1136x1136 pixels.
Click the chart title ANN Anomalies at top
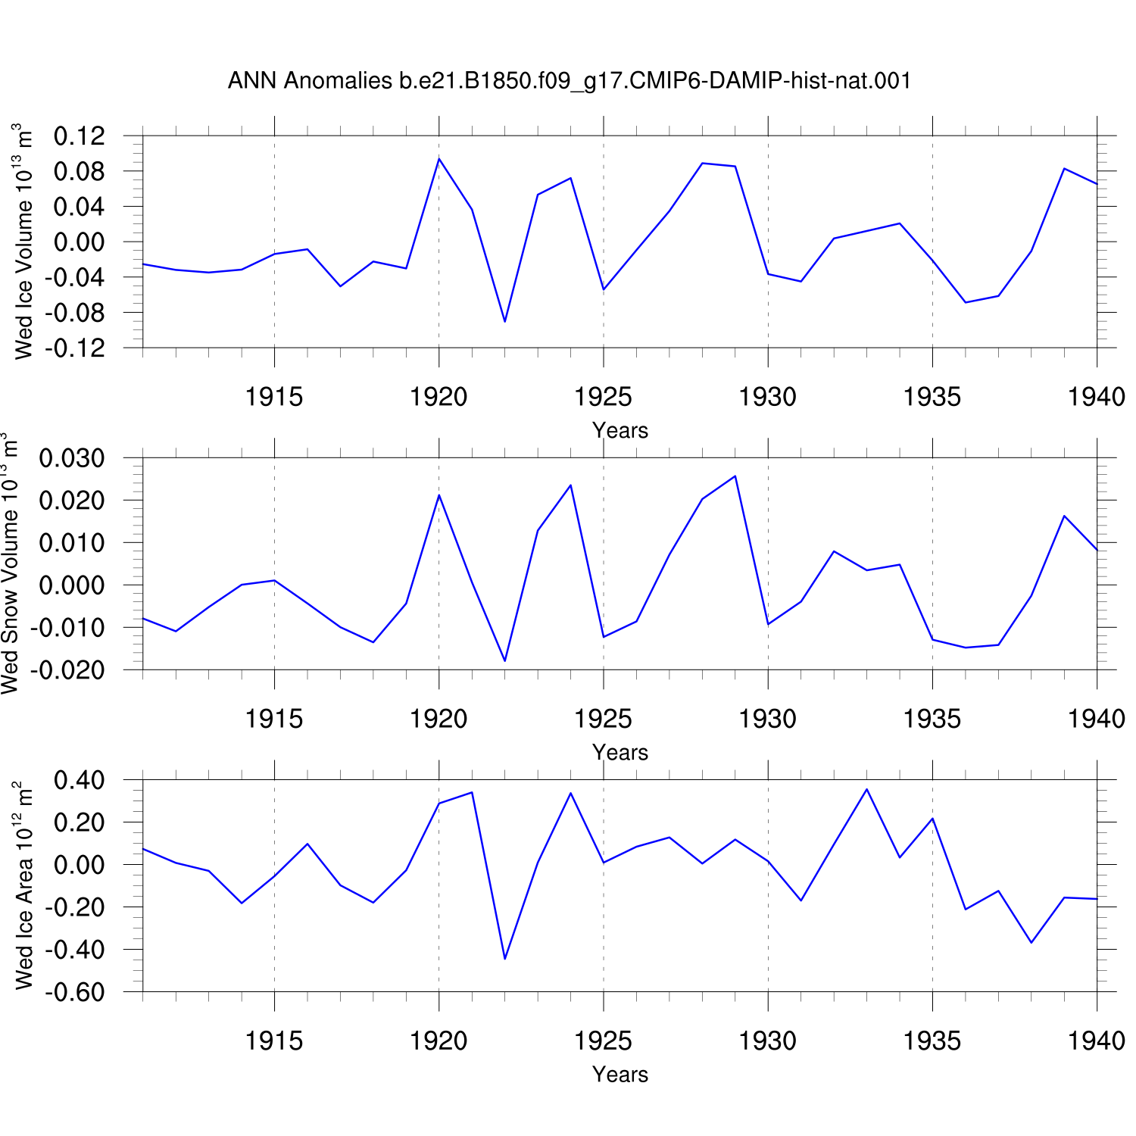click(570, 81)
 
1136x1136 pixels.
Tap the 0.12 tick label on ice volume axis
click(80, 136)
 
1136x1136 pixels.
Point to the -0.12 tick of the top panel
click(75, 348)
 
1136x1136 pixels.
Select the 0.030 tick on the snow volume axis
click(72, 458)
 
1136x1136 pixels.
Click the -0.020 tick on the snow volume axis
click(67, 670)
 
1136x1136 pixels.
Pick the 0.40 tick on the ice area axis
click(80, 780)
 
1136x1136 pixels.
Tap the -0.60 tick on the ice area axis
click(75, 992)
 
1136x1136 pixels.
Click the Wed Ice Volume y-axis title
click(23, 242)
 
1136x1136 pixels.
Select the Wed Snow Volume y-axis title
click(10, 563)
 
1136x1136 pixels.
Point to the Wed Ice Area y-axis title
click(23, 885)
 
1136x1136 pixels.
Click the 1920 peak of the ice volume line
click(439, 158)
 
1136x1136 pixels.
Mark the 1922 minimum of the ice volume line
click(504, 322)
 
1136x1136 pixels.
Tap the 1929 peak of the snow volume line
click(735, 476)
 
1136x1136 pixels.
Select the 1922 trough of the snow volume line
click(504, 661)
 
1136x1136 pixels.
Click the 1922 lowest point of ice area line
click(504, 959)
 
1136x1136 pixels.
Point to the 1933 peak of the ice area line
click(866, 789)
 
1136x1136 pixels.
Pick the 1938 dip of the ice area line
click(1031, 942)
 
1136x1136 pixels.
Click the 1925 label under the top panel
click(604, 397)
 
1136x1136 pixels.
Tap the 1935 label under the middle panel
click(932, 719)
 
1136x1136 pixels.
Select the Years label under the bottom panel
click(620, 1074)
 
